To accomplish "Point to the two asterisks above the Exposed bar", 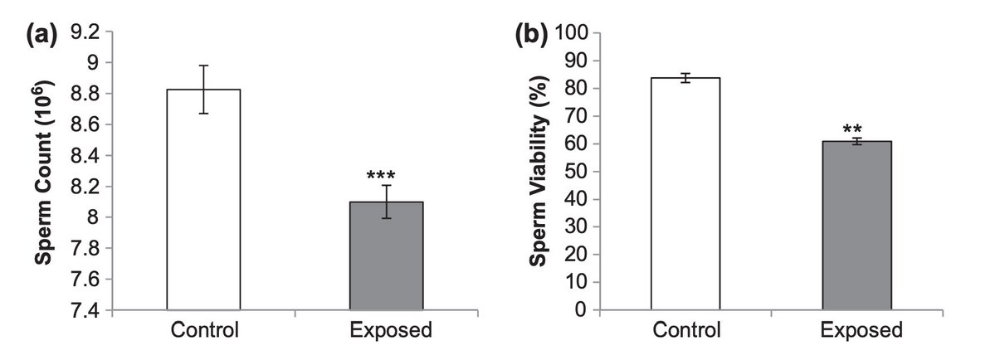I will click(851, 130).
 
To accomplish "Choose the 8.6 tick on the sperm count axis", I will click(81, 124).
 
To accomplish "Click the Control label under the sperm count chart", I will click(205, 330).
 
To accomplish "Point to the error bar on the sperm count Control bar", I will click(203, 89).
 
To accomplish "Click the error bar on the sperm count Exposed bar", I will click(387, 202).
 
